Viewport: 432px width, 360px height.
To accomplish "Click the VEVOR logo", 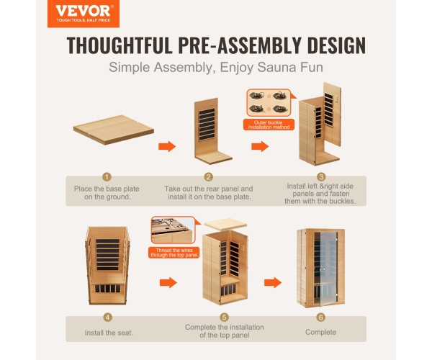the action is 84,13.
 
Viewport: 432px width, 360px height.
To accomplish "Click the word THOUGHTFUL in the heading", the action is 120,45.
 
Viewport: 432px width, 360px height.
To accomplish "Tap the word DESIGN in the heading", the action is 336,45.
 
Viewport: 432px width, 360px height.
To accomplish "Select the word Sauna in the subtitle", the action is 276,67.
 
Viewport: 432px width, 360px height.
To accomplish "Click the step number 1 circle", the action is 107,177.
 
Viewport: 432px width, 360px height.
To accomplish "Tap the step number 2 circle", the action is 209,177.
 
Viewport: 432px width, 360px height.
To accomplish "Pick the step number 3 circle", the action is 321,177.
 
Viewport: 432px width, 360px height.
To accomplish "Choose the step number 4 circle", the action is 108,318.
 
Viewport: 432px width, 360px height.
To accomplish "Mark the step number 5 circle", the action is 224,318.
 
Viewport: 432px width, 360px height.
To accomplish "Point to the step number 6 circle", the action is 320,318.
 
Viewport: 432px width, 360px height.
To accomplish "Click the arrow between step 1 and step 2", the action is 167,146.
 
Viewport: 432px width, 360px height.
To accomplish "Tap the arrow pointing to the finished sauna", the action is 273,283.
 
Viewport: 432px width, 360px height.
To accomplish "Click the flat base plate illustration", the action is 114,130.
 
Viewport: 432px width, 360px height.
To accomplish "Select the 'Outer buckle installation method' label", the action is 269,125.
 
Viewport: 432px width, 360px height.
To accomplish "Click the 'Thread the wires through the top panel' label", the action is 174,253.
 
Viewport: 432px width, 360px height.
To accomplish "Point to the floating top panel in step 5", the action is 225,224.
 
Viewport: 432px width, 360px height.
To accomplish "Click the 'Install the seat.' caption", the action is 109,333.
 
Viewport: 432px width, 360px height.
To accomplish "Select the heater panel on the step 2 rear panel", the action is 207,125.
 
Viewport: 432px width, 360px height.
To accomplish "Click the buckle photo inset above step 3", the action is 269,103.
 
